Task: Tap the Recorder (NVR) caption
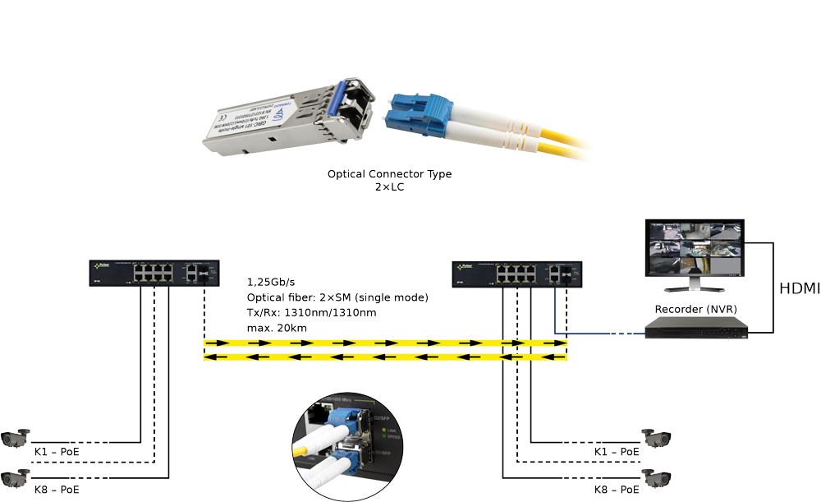tap(695, 309)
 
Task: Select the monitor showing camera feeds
tap(695, 250)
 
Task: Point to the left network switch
tap(154, 273)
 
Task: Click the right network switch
tap(517, 273)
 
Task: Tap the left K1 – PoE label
tap(57, 451)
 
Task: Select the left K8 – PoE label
tap(57, 489)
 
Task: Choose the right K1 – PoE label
tap(617, 451)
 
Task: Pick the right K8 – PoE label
tap(617, 489)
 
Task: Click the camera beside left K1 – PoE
tap(16, 438)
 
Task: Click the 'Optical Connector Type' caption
tap(389, 174)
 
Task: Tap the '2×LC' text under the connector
tap(389, 187)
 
